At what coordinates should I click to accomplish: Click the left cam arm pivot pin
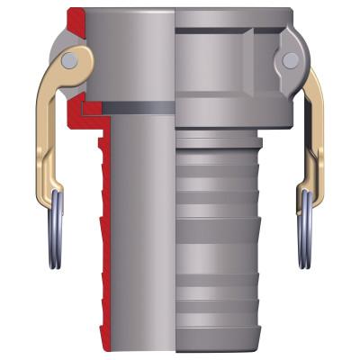click(x=70, y=59)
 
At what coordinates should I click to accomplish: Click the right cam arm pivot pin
click(x=290, y=59)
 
